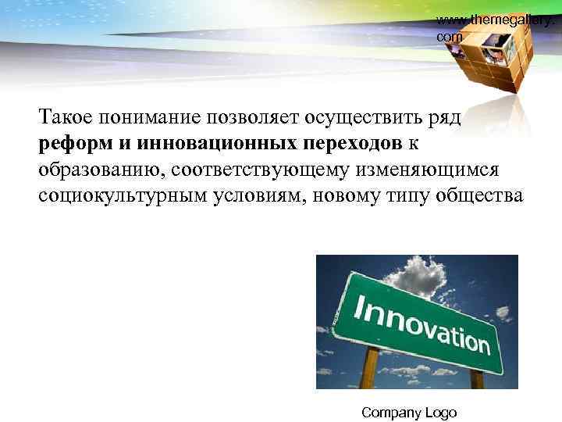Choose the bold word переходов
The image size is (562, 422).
click(x=348, y=145)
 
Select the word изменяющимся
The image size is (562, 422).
click(x=434, y=170)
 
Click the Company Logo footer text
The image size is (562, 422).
click(x=409, y=413)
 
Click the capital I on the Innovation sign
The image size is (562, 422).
click(x=361, y=307)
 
